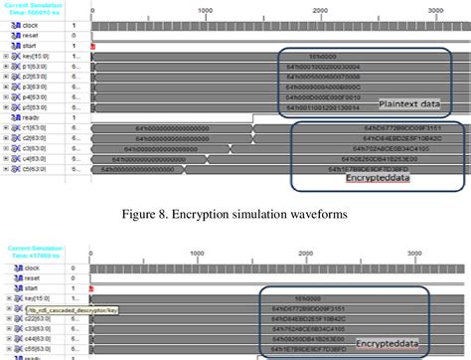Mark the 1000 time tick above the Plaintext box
tap(205, 9)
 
